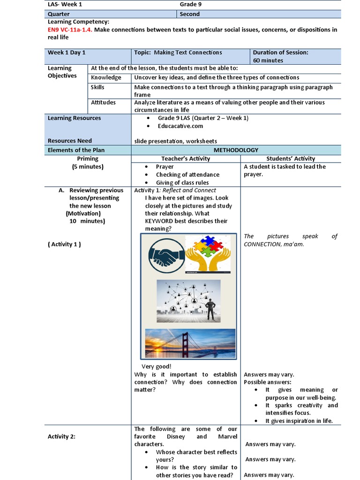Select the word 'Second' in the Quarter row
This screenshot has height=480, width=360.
coord(190,14)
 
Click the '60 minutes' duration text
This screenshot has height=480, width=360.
coord(268,60)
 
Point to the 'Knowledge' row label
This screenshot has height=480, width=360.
coord(106,77)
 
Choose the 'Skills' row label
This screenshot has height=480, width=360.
coord(98,87)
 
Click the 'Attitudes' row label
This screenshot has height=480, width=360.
coord(103,102)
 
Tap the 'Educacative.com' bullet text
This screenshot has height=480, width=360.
coord(180,126)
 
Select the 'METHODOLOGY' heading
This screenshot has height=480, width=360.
coord(236,150)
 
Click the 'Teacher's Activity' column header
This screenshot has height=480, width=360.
coord(186,158)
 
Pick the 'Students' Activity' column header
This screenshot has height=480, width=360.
coord(291,158)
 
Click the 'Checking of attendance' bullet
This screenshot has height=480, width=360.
coord(187,174)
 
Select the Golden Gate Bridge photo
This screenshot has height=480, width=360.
coord(190,343)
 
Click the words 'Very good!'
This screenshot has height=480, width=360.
coord(157,367)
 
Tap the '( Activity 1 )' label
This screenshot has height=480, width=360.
coord(64,244)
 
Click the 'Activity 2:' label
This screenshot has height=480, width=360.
coord(62,436)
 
